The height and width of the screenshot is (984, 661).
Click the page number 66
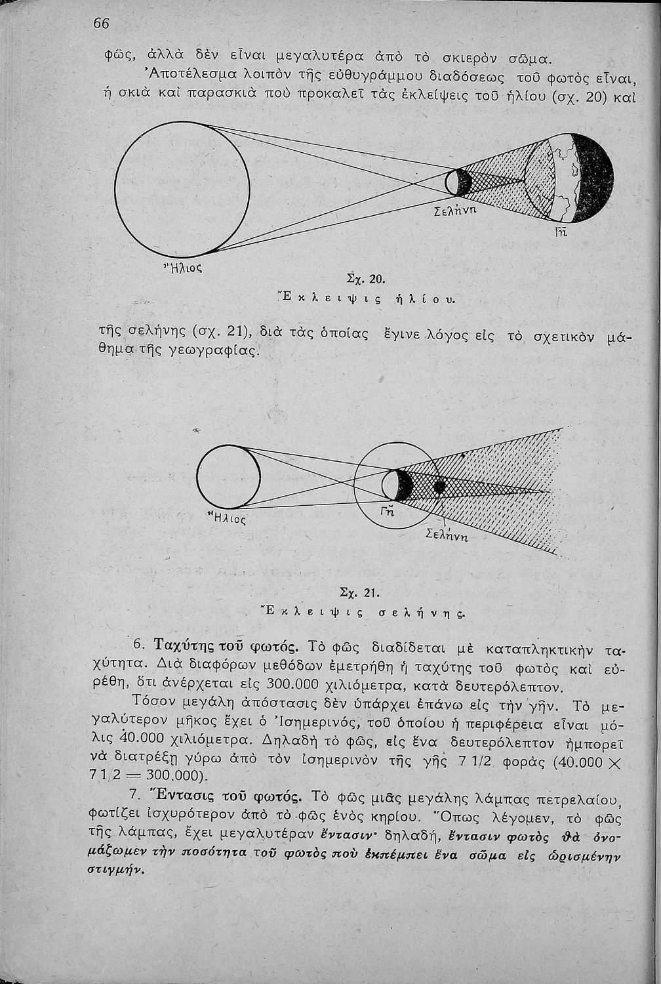pos(101,22)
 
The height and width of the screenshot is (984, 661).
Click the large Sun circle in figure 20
pos(182,190)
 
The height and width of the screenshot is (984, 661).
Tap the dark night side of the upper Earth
pos(594,172)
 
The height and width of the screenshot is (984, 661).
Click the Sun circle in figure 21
pos(228,476)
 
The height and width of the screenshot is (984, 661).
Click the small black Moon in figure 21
pos(439,487)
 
